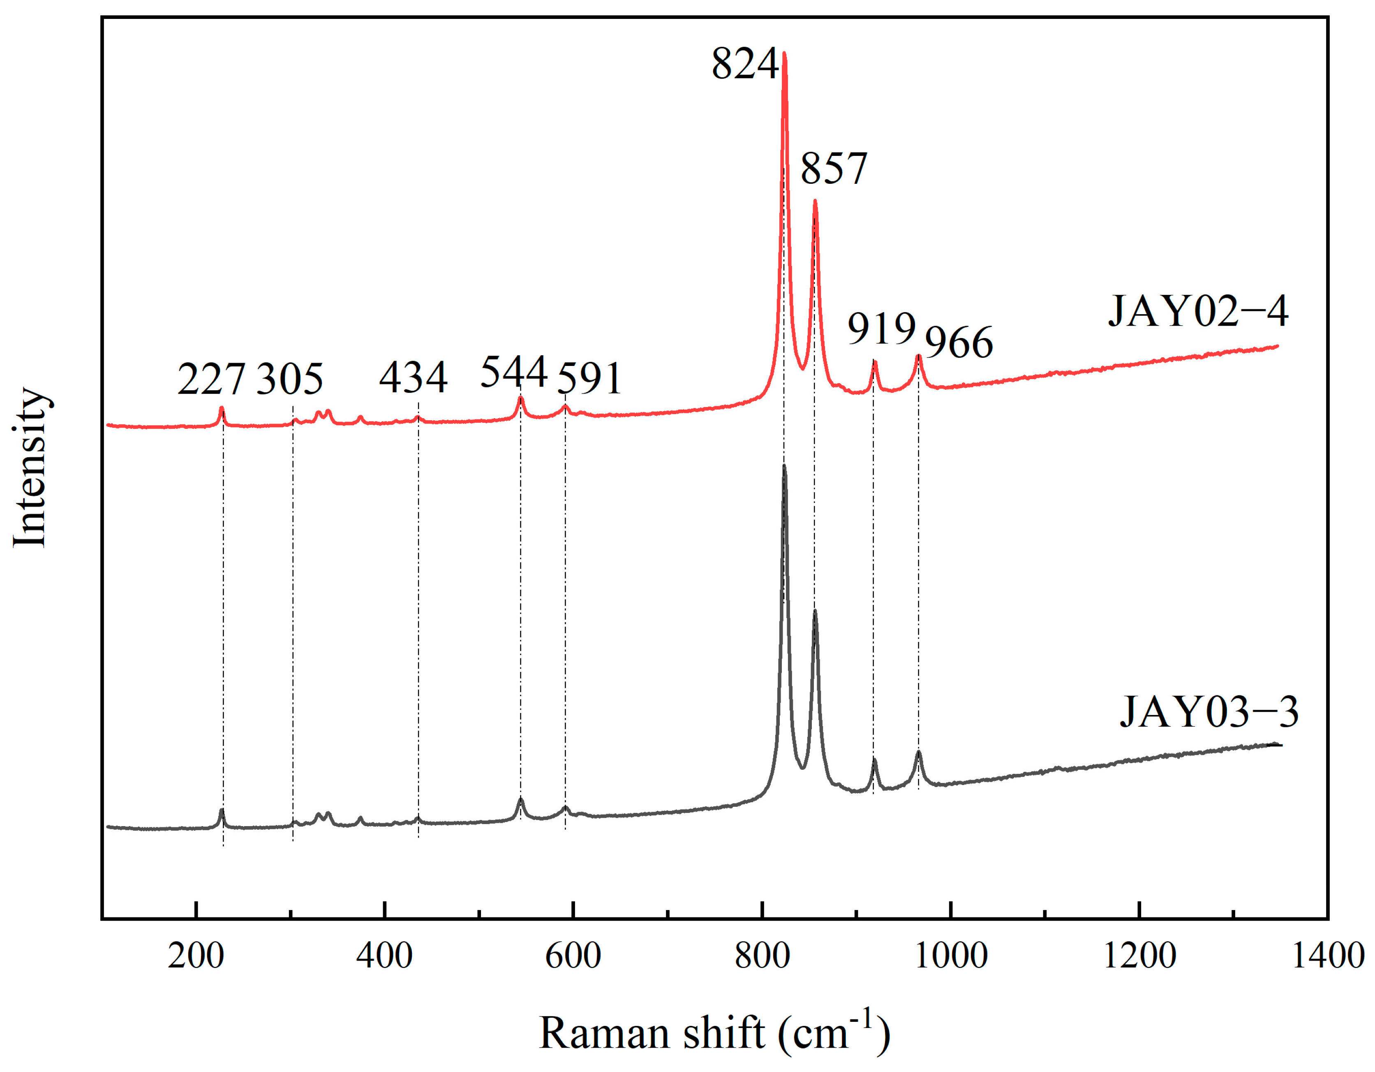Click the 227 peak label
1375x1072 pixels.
click(x=211, y=379)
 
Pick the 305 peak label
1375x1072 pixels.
click(x=290, y=379)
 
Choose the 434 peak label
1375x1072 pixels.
click(x=413, y=377)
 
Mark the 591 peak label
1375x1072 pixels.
click(x=590, y=379)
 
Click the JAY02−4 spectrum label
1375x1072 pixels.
click(x=1198, y=311)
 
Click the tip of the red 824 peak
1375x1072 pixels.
click(x=784, y=53)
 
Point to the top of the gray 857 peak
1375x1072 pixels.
click(x=815, y=611)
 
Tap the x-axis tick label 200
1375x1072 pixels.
click(x=196, y=956)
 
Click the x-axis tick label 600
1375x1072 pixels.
click(x=573, y=956)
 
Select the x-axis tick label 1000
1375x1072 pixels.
click(x=951, y=956)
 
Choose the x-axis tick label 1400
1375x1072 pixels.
click(x=1327, y=956)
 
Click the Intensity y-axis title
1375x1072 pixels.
click(x=30, y=468)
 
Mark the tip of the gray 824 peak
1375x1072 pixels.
click(x=784, y=466)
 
